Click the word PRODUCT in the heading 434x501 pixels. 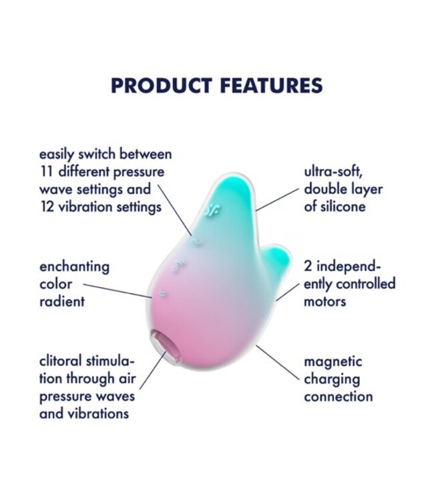(156, 86)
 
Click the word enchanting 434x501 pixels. (74, 267)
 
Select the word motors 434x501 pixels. (325, 301)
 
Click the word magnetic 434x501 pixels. (333, 362)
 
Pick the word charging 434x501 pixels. (332, 379)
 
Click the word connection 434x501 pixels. (339, 397)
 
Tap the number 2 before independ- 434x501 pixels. (308, 267)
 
